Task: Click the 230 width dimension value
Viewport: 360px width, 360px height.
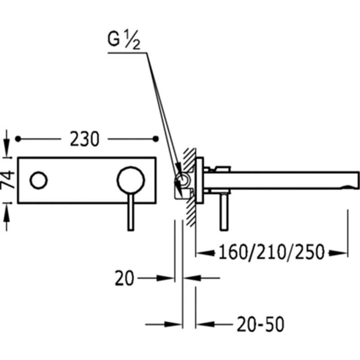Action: pyautogui.click(x=85, y=139)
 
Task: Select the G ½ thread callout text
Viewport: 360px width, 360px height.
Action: pyautogui.click(x=124, y=40)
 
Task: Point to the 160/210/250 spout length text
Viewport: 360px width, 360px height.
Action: pyautogui.click(x=271, y=252)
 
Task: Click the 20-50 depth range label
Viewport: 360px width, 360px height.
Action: pyautogui.click(x=261, y=324)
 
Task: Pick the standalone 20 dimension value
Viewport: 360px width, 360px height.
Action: pyautogui.click(x=124, y=278)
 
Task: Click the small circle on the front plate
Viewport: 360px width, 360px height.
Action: pyautogui.click(x=39, y=180)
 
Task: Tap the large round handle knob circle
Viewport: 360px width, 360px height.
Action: pyautogui.click(x=131, y=180)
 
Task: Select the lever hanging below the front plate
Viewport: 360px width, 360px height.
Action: pyautogui.click(x=130, y=212)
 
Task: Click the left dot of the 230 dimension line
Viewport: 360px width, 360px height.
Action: pyautogui.click(x=18, y=139)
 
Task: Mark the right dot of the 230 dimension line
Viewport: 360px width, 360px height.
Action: pyautogui.click(x=156, y=139)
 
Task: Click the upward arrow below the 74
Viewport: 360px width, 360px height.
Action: pyautogui.click(x=7, y=217)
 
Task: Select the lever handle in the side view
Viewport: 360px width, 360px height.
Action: pyautogui.click(x=224, y=211)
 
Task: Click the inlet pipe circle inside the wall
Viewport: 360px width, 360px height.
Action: pyautogui.click(x=183, y=179)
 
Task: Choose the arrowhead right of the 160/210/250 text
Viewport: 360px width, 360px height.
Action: pyautogui.click(x=338, y=253)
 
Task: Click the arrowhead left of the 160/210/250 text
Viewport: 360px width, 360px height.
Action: pyautogui.click(x=206, y=253)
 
